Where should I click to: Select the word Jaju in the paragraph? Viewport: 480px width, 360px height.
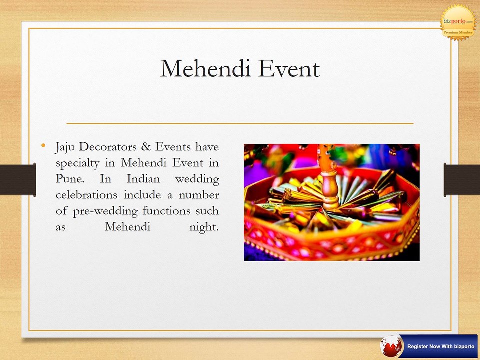point(65,148)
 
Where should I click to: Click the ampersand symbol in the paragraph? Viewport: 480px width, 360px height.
point(146,147)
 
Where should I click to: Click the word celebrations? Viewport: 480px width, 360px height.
point(86,195)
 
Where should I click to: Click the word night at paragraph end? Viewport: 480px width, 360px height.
point(204,227)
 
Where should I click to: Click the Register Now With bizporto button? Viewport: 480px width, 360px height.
point(438,346)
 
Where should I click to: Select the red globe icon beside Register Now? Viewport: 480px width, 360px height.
point(391,346)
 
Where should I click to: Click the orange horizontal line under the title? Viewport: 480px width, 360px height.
point(240,123)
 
